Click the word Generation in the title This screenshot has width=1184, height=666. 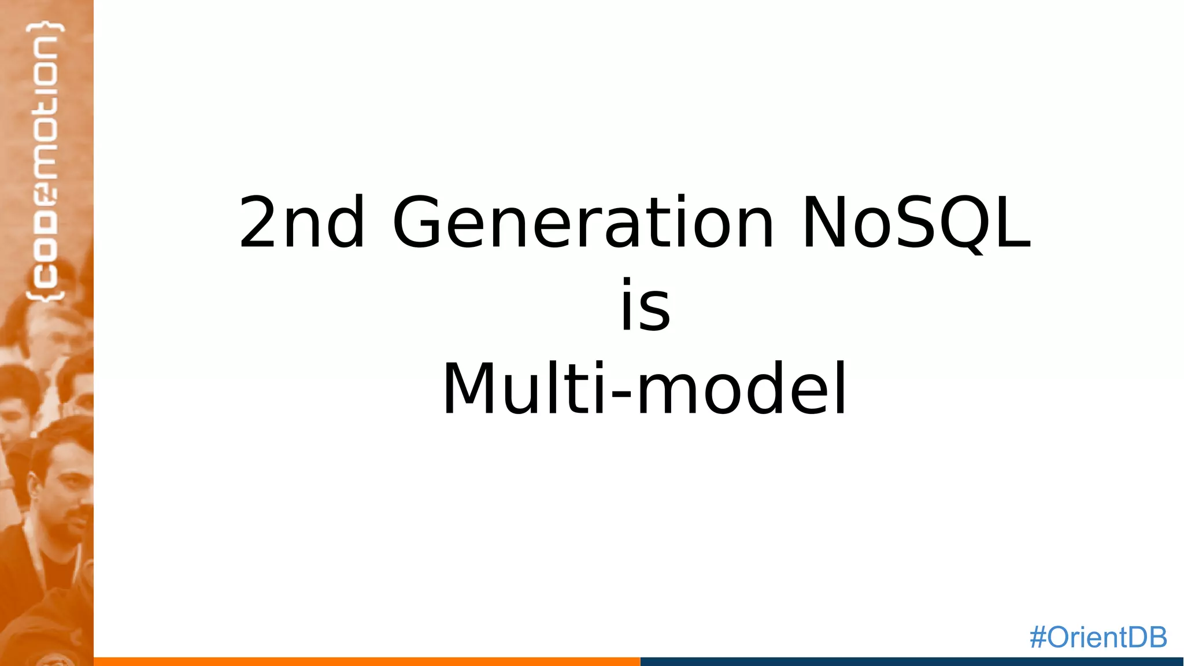583,223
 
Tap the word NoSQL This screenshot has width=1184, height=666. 916,223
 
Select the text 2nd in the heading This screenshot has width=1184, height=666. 302,223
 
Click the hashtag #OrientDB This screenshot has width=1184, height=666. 1098,637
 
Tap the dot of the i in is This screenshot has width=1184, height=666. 627,283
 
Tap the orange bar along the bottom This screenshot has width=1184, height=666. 367,661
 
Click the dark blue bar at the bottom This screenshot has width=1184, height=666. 911,661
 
